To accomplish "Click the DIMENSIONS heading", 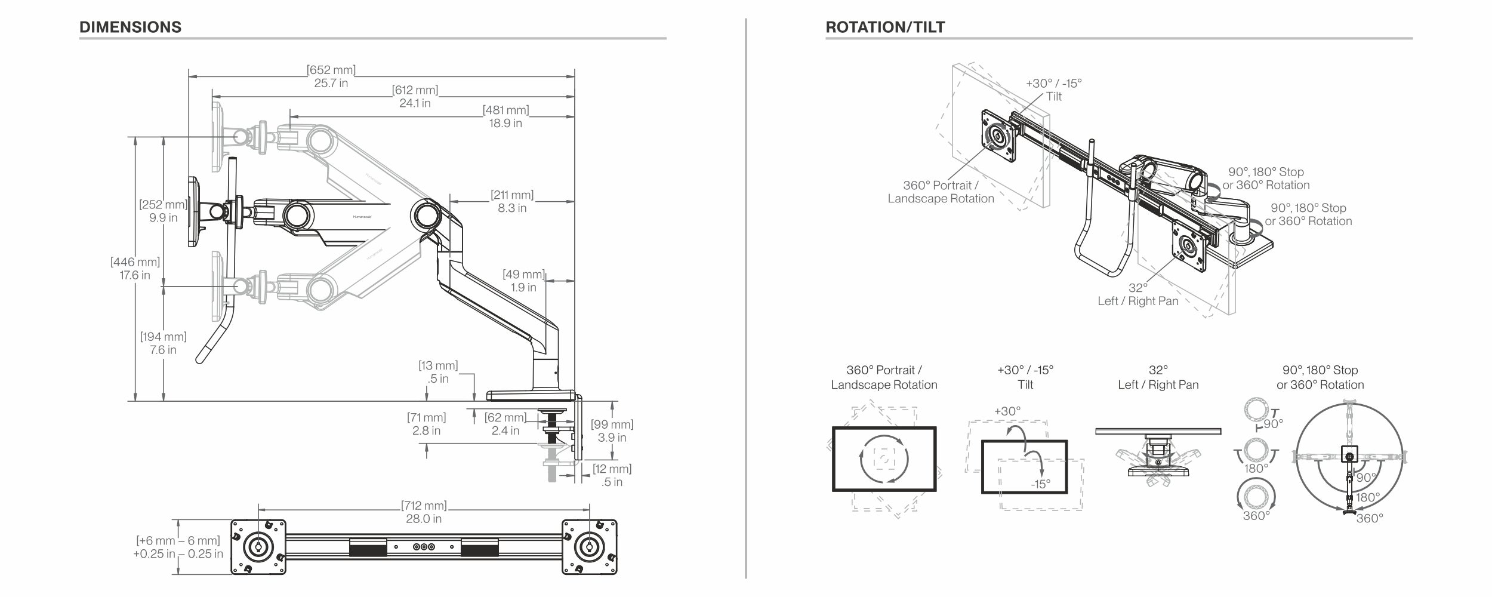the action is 130,27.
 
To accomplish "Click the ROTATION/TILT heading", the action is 885,27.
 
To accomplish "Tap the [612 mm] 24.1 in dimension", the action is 415,97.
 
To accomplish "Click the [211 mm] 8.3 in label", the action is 512,201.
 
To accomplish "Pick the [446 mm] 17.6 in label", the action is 135,268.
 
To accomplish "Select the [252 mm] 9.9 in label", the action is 163,211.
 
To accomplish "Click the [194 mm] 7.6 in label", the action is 163,343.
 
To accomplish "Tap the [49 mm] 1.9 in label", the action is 523,281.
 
